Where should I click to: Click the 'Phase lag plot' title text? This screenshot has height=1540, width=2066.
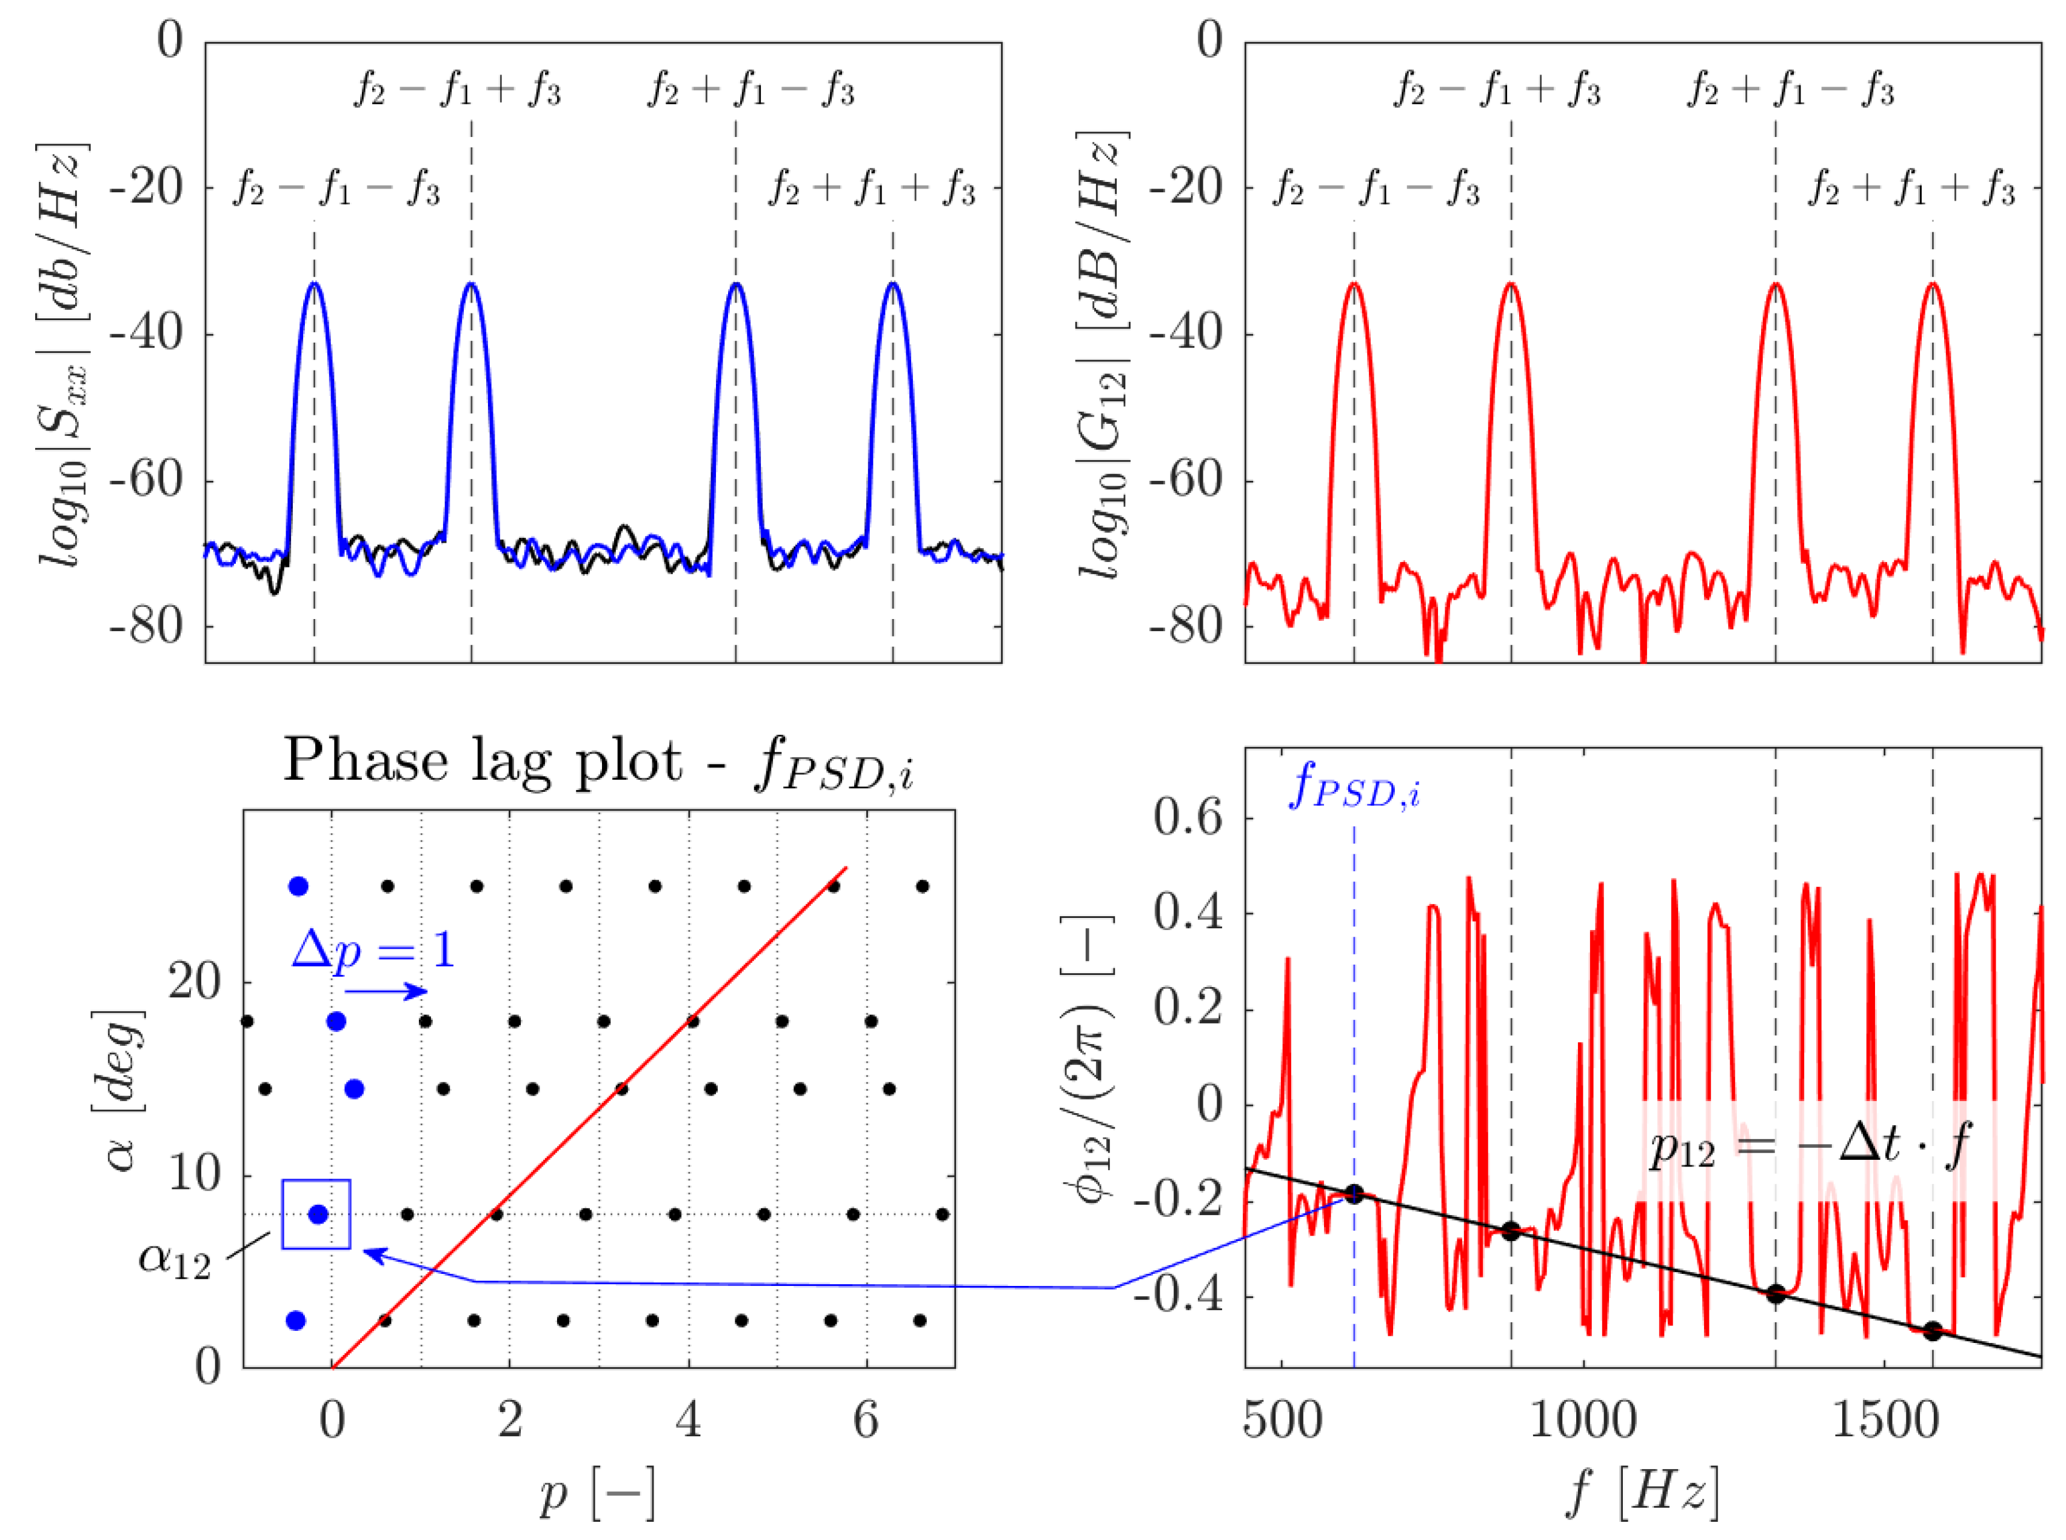(x=597, y=763)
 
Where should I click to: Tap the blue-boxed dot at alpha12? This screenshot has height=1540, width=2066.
(x=318, y=1214)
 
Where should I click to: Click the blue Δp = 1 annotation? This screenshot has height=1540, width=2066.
(x=373, y=950)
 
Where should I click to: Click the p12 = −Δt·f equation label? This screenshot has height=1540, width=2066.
(x=1808, y=1147)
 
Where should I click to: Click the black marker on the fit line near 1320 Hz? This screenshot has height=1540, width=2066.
(x=1775, y=1294)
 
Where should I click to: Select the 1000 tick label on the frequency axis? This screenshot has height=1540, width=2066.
(x=1582, y=1422)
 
